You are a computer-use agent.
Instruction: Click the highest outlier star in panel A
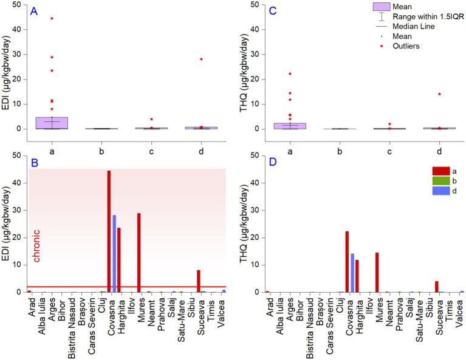[52, 18]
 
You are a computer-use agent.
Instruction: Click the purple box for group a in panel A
[52, 123]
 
